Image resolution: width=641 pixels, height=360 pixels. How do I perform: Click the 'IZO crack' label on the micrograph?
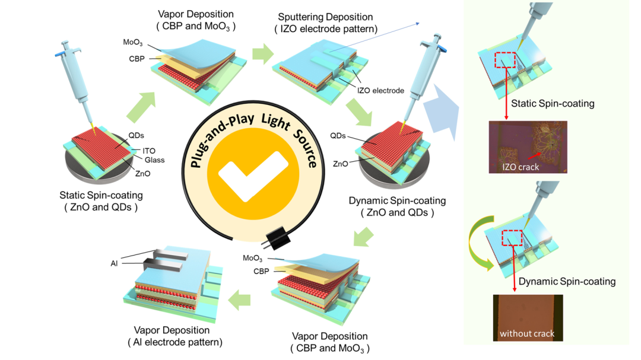click(x=520, y=167)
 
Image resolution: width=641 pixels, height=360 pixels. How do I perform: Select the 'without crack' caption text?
click(x=527, y=333)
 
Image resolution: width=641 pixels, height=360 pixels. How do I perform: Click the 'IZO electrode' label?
click(x=380, y=91)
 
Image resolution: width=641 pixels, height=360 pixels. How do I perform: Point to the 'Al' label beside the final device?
click(x=114, y=263)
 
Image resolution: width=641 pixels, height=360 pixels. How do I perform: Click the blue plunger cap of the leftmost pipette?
click(x=58, y=54)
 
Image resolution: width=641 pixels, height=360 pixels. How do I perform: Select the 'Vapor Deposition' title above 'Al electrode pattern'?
click(x=172, y=330)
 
